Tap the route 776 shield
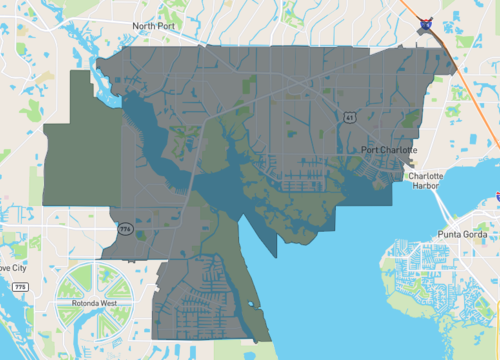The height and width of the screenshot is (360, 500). tap(124, 229)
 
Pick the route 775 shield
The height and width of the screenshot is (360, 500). tap(20, 287)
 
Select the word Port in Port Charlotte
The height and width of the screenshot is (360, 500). tap(371, 151)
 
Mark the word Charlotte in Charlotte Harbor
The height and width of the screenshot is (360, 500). tap(427, 175)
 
